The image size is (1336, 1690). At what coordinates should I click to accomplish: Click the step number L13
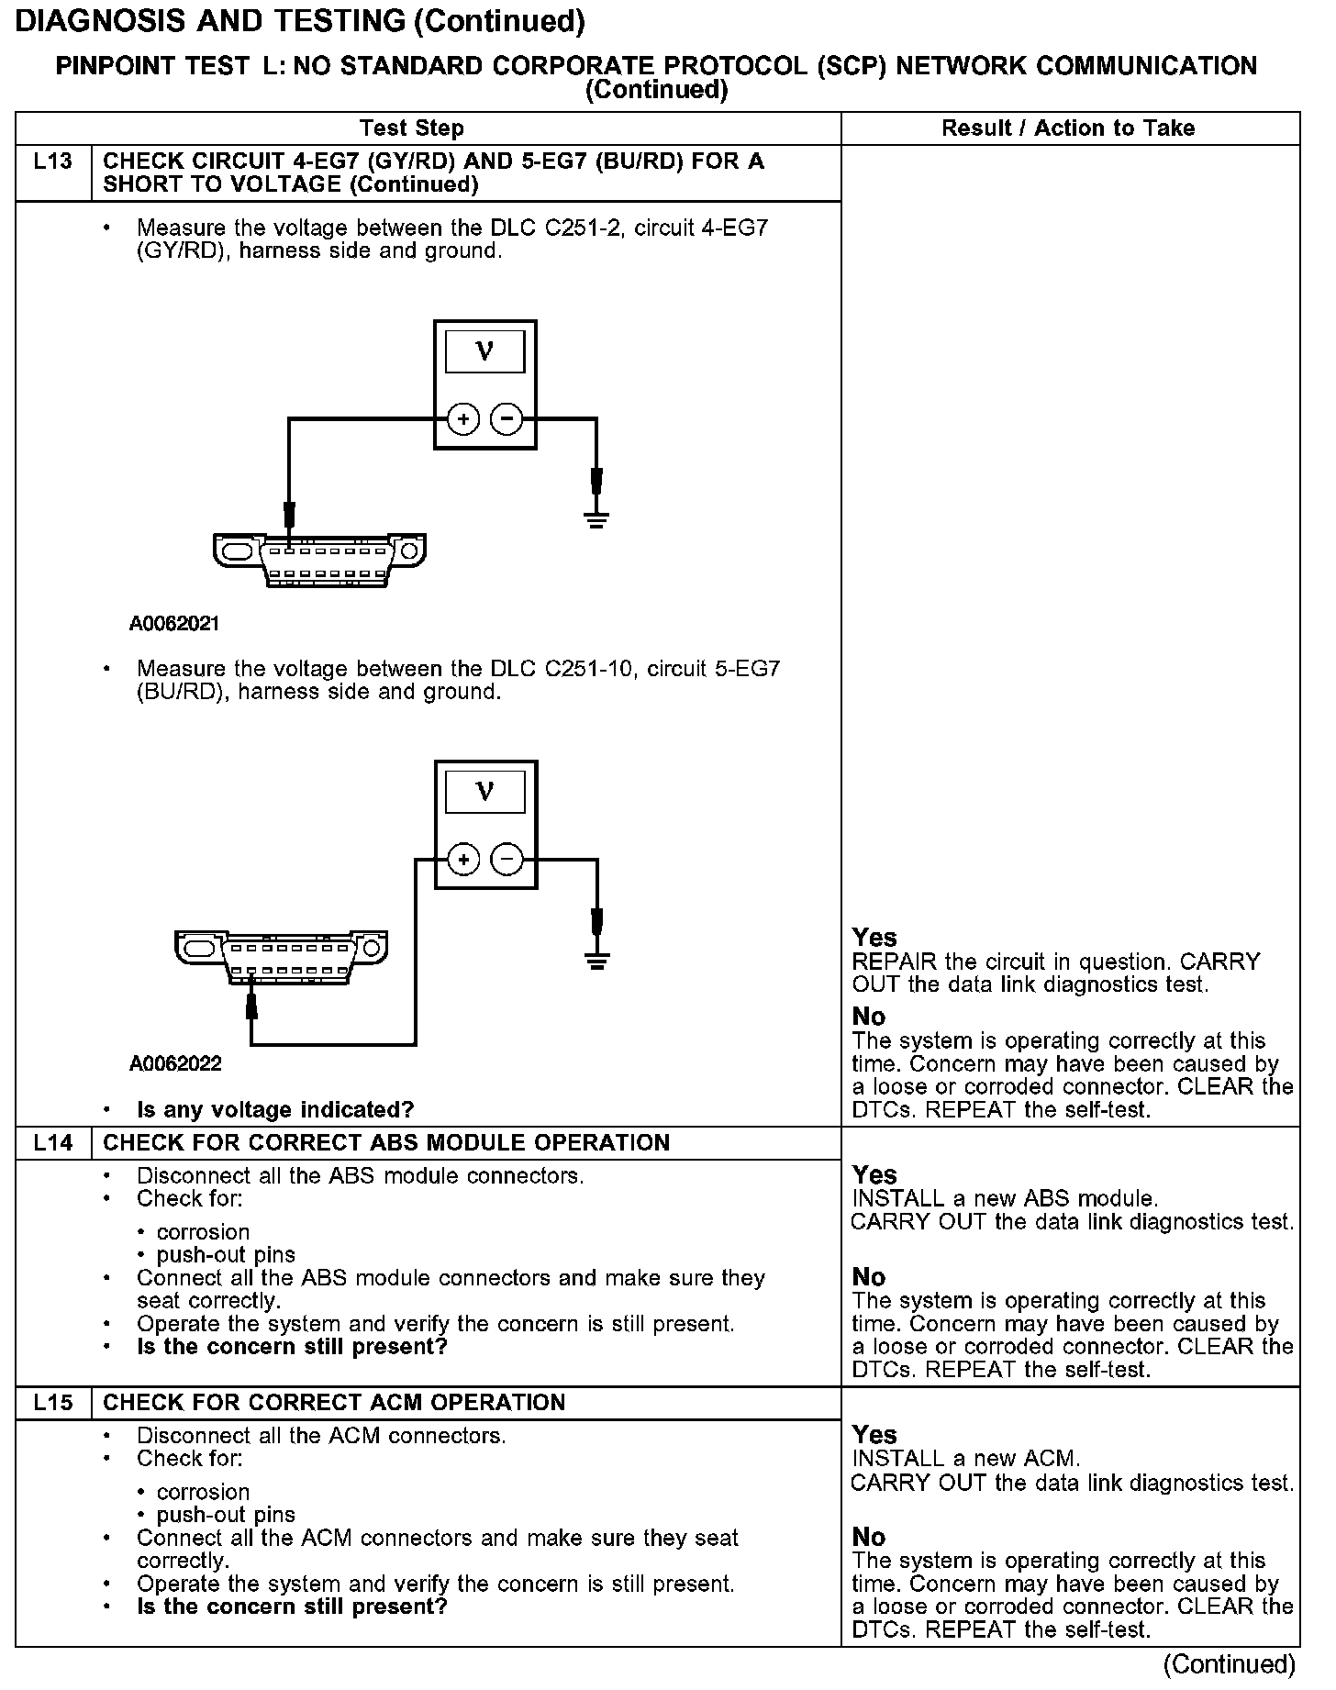52,162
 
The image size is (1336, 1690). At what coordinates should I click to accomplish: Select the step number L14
52,1143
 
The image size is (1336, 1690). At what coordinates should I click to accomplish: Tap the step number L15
52,1403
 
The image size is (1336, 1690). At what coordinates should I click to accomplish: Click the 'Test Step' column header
412,128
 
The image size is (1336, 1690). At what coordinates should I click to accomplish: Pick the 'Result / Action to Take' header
1068,128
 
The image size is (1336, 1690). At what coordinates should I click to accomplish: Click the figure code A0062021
174,625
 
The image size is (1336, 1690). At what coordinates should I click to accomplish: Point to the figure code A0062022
175,1064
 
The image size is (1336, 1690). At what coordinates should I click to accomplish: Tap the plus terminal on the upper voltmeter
463,420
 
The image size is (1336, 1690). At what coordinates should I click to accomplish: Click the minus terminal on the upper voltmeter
507,420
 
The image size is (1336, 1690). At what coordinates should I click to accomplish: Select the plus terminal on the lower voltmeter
463,860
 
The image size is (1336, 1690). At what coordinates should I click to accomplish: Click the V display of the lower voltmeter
485,791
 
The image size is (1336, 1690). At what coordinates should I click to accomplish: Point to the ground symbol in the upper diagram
596,521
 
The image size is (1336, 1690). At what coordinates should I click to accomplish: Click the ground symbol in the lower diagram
597,961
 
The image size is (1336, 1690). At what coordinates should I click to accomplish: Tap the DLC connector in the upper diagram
319,559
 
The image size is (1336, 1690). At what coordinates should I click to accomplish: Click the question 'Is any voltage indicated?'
275,1110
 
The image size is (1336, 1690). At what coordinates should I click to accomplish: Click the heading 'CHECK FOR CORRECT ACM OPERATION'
334,1403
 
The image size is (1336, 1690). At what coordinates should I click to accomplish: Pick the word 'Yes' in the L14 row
874,1175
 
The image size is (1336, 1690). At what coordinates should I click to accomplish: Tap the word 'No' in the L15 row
868,1537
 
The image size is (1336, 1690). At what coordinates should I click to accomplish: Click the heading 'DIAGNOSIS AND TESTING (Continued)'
300,21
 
